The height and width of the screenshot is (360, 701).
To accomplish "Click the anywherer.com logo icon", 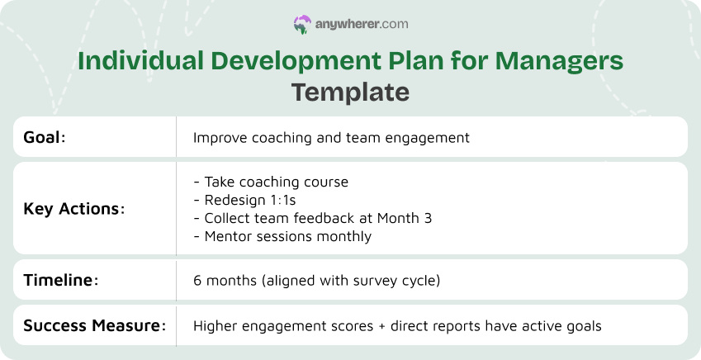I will coord(302,25).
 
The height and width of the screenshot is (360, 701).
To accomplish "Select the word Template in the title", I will coord(350,92).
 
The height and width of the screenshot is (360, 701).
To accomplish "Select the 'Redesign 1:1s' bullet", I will coord(244,200).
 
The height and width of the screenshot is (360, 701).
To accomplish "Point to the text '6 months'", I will coord(220,281).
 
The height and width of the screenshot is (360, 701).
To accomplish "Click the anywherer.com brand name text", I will coord(361,25).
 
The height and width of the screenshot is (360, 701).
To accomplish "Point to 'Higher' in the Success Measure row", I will coord(214,326).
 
